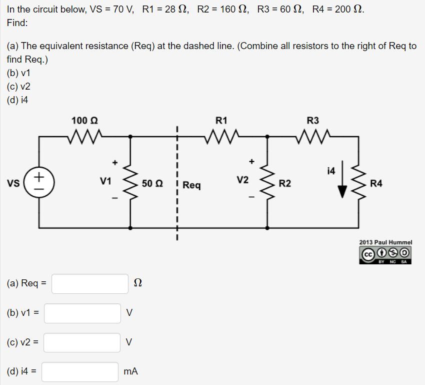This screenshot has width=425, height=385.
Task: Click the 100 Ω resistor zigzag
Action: (84, 136)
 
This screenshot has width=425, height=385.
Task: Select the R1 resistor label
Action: (221, 121)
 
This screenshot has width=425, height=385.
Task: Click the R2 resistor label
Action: (284, 184)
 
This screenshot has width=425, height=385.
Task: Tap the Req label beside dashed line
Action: (192, 185)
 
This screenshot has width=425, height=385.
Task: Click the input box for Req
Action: (90, 283)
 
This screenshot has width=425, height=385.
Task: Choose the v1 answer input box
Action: (82, 313)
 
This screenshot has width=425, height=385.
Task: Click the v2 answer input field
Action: (82, 342)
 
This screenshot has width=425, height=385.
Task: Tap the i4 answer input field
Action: (80, 372)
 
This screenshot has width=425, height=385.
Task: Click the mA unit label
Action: (131, 372)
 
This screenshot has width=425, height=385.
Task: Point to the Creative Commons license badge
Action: (385, 254)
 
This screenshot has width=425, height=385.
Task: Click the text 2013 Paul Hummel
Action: (385, 242)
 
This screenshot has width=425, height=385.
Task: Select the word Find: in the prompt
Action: (17, 23)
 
